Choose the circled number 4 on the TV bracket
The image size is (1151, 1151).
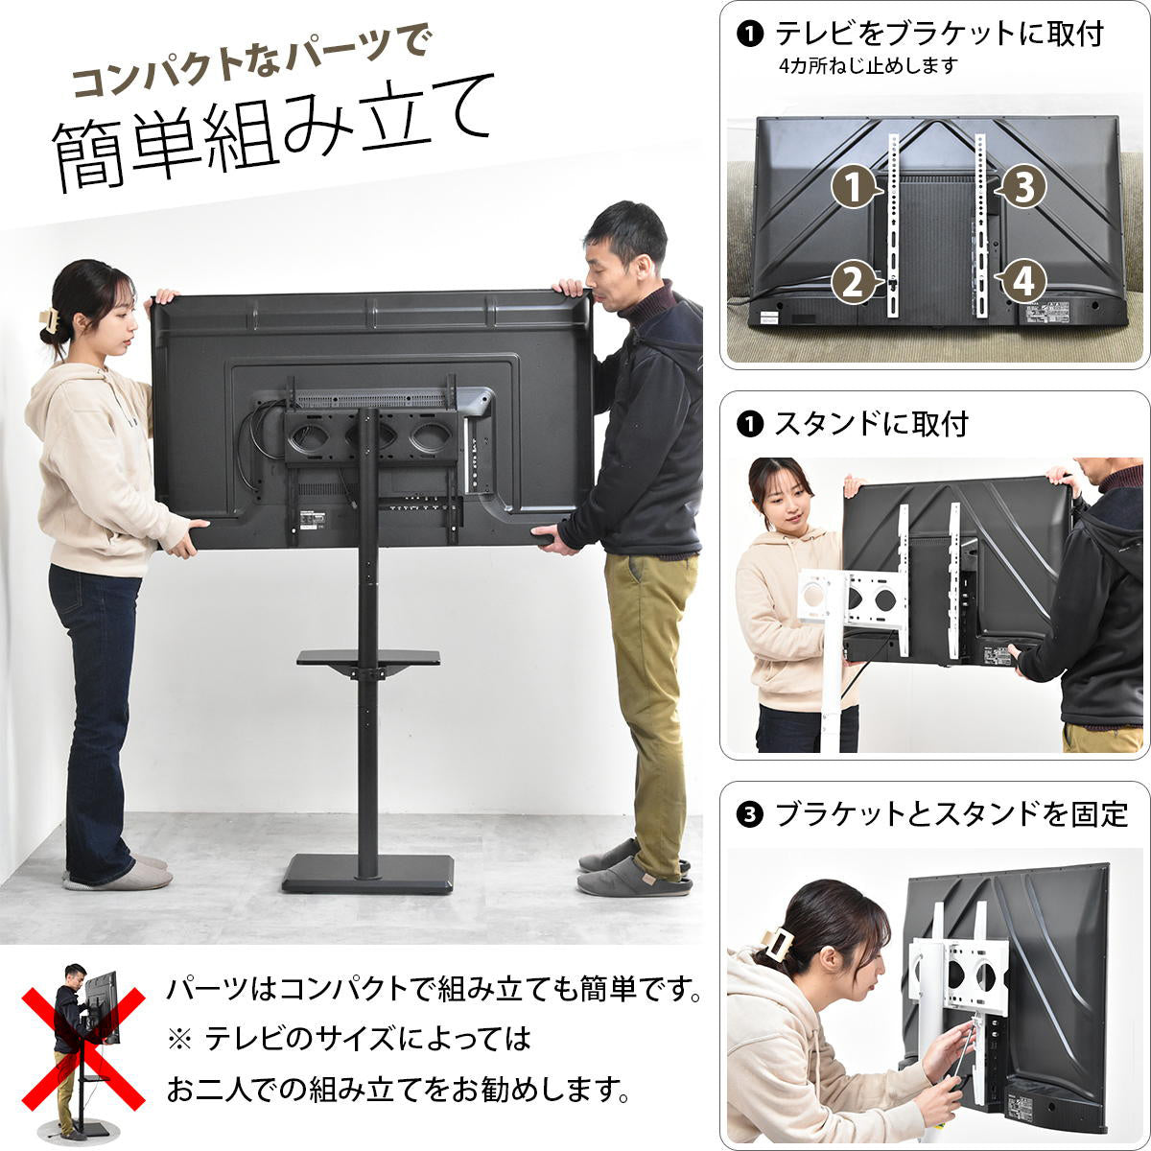pos(1022,282)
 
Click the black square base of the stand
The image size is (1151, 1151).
pos(367,872)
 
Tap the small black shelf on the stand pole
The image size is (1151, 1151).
pos(368,659)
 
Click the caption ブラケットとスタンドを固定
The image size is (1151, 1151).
pos(951,814)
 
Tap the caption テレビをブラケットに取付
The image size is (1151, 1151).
pos(939,34)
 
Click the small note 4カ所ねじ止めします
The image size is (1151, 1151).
pos(868,66)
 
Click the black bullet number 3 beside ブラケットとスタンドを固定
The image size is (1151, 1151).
pos(749,814)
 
